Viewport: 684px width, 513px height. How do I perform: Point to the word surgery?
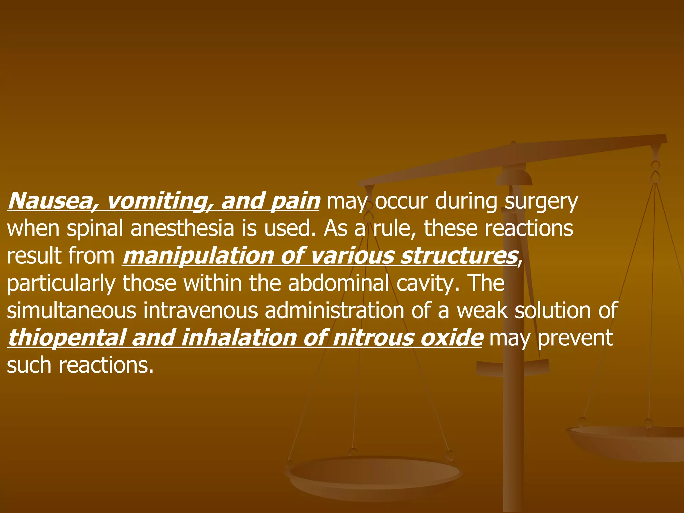541,202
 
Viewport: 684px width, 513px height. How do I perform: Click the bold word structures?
459,256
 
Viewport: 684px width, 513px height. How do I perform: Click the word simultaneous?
71,311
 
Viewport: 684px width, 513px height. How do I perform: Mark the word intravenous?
200,311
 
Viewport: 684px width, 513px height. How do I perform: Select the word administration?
334,311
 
